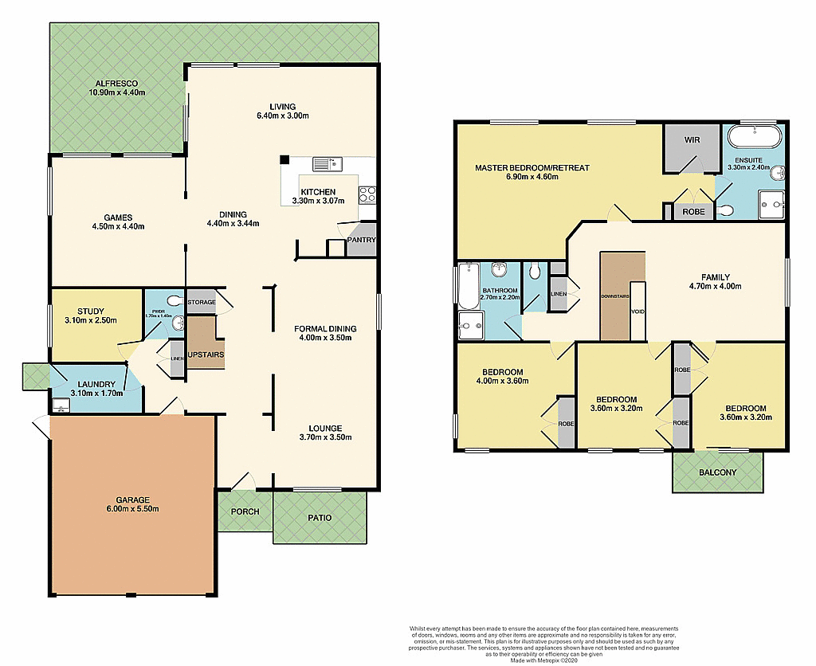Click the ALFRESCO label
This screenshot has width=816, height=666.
(x=116, y=83)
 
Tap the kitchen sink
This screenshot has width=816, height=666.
(x=327, y=165)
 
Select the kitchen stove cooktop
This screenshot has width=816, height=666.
(x=368, y=192)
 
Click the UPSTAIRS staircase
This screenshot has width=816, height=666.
(x=205, y=343)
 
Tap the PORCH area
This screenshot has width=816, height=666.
(x=245, y=511)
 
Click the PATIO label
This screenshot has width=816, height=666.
(x=319, y=518)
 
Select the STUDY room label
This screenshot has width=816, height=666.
(x=90, y=311)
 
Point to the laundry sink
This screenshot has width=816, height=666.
(x=61, y=405)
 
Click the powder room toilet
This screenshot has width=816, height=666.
(x=176, y=323)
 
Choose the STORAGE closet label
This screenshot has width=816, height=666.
(x=201, y=303)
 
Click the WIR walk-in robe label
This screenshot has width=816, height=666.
(x=690, y=140)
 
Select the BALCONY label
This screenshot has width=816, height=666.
(x=717, y=472)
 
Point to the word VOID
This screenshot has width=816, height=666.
(x=637, y=312)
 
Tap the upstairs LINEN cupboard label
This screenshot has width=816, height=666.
(x=558, y=294)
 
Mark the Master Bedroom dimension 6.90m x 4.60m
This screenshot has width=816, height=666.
(x=532, y=177)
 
